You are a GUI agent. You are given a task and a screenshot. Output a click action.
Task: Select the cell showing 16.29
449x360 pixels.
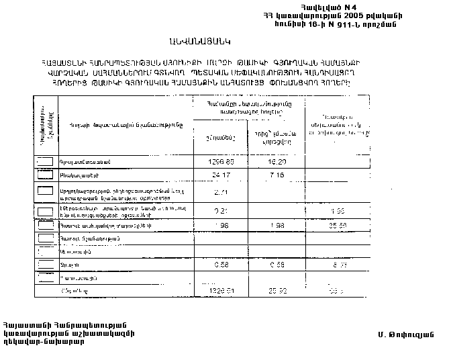pyautogui.click(x=275, y=163)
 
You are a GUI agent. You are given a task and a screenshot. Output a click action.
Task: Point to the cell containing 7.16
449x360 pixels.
pyautogui.click(x=275, y=176)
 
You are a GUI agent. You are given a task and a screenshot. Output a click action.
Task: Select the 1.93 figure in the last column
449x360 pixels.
pyautogui.click(x=338, y=212)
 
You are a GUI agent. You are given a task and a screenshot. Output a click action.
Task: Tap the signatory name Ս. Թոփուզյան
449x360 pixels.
pyautogui.click(x=406, y=334)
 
